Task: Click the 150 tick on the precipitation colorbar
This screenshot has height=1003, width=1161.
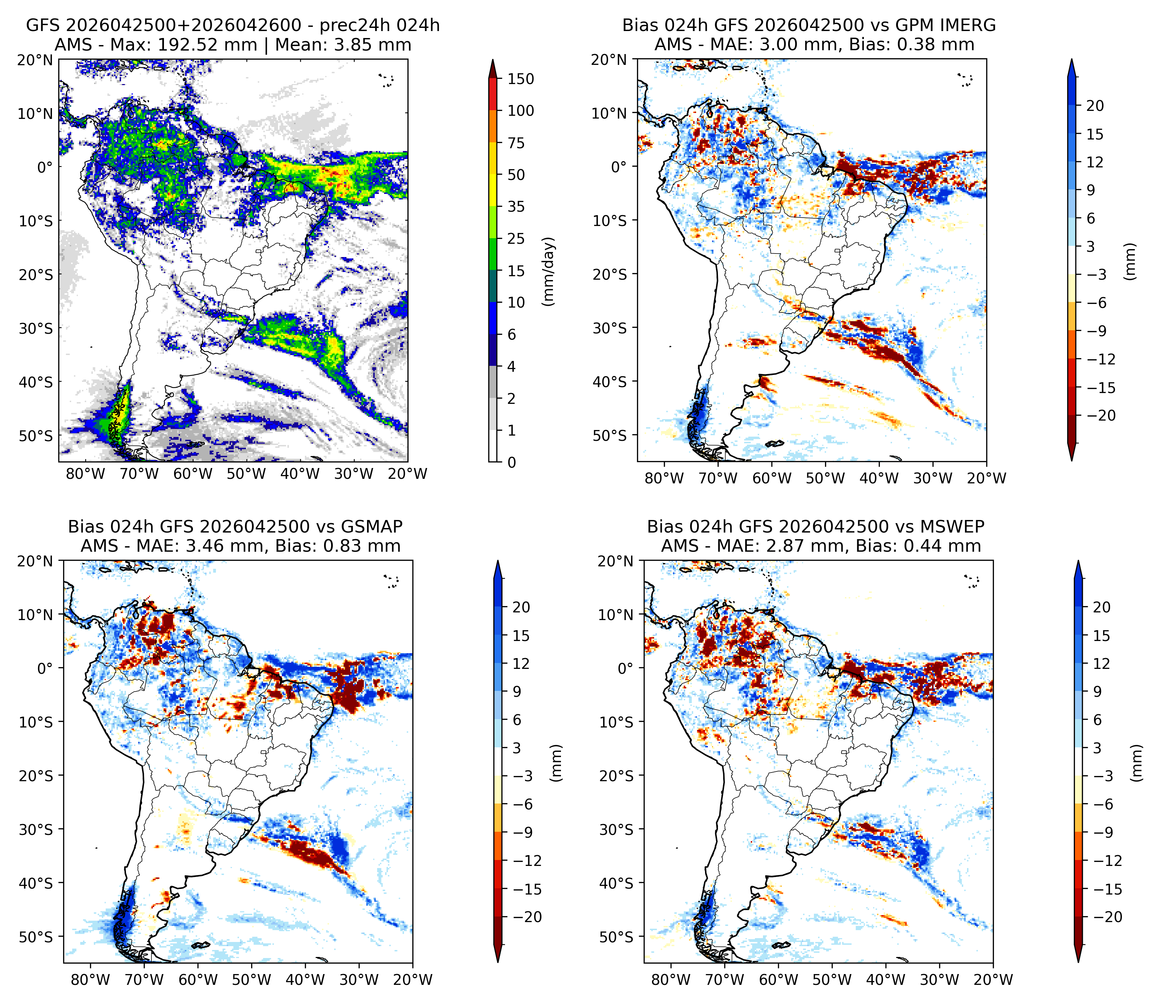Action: click(x=520, y=79)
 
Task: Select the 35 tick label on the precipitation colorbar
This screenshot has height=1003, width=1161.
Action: click(x=516, y=207)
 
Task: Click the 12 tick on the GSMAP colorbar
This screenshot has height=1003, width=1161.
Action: click(x=521, y=664)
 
